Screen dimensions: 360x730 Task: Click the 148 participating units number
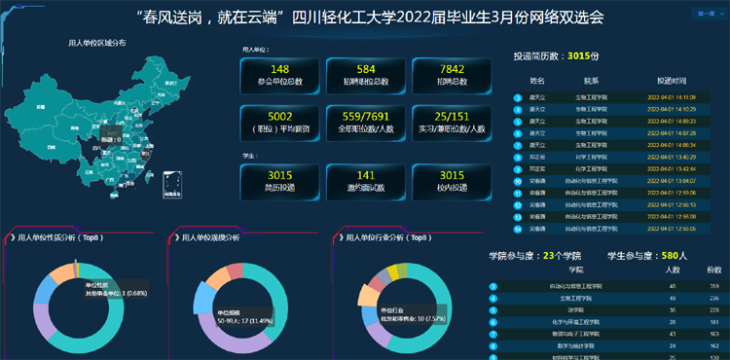coord(280,69)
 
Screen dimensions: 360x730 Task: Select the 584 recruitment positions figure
coord(366,69)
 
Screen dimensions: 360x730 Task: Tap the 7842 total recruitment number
coord(452,69)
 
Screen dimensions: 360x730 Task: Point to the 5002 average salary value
coord(280,117)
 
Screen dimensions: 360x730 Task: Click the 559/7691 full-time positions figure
coord(366,117)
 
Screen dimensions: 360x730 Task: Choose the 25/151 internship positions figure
coord(452,117)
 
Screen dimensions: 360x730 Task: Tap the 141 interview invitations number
coord(366,174)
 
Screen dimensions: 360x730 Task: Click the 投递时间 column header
coord(672,81)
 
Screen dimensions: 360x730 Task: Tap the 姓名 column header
coord(537,81)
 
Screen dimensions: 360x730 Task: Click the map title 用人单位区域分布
coord(96,44)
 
